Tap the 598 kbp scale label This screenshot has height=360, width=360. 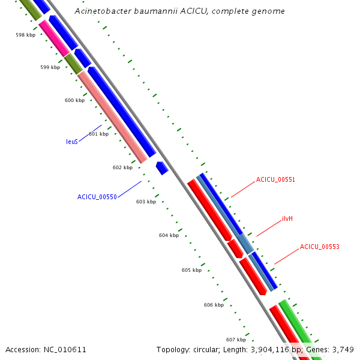point(26,35)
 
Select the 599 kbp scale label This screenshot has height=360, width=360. point(50,67)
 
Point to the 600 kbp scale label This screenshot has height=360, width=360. point(74,100)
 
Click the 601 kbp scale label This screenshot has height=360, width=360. point(98,134)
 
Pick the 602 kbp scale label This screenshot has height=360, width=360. point(122,167)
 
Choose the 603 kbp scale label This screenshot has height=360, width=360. point(146,202)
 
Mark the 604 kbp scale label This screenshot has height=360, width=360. point(169,235)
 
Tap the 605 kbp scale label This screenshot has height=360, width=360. point(191,270)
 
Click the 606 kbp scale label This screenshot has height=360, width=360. point(214,305)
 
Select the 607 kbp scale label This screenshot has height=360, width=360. point(236,340)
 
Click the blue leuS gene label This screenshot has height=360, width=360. point(72,142)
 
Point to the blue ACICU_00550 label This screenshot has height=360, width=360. point(97,197)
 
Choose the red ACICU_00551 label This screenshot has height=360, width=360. point(275,179)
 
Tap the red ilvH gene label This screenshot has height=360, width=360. point(287,218)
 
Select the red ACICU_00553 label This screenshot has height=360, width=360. point(319,247)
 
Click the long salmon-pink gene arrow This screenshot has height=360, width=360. point(112,117)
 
